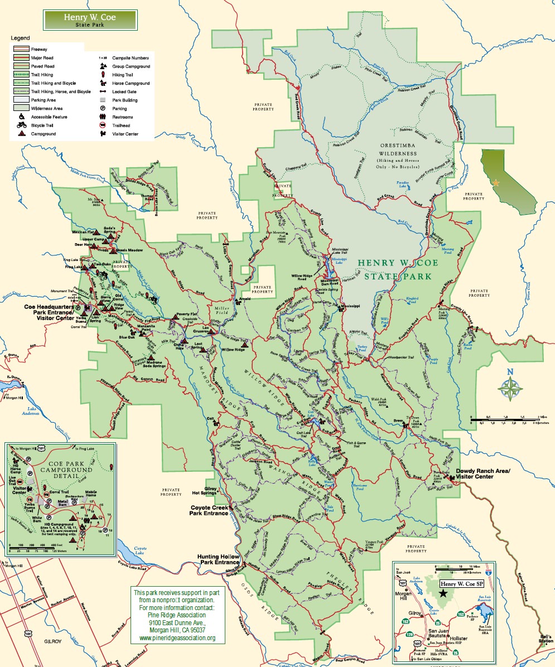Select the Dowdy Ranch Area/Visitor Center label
[x=483, y=474]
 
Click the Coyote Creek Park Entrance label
[x=209, y=510]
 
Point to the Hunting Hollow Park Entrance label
[x=218, y=560]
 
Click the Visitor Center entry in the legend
[x=125, y=134]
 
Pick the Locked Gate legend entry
[x=124, y=91]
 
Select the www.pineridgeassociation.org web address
[x=177, y=638]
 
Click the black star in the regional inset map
[x=443, y=594]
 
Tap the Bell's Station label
[x=546, y=639]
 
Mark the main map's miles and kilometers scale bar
[x=505, y=420]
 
